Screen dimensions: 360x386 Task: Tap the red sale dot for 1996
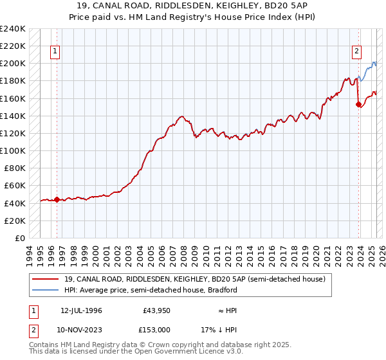(57, 199)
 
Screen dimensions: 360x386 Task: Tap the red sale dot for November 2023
(358, 105)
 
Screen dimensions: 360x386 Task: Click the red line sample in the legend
(45, 279)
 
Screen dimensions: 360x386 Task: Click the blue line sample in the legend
(45, 290)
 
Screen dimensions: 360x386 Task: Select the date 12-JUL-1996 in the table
(81, 310)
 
